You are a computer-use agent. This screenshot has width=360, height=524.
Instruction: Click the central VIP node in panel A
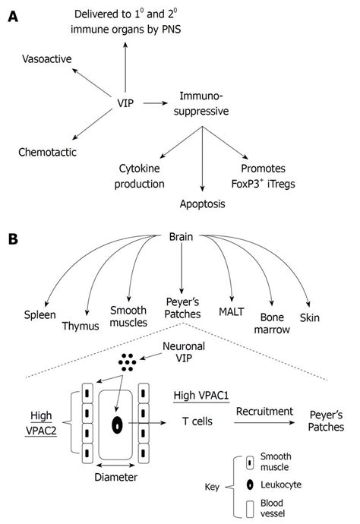point(125,103)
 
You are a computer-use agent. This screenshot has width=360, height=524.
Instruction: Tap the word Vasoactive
point(47,58)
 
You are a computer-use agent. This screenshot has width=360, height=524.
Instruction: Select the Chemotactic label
point(47,152)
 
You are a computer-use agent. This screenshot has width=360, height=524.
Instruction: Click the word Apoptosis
point(203,204)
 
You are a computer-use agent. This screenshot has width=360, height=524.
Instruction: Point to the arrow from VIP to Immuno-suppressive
point(156,103)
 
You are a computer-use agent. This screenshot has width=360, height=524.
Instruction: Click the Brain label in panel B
point(181,237)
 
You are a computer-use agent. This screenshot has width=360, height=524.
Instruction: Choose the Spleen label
point(39,315)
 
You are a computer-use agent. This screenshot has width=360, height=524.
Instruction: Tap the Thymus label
point(81,326)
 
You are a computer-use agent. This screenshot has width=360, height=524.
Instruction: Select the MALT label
point(232,312)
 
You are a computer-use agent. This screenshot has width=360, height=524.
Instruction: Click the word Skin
point(310,317)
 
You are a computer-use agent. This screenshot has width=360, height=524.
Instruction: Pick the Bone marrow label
point(272,324)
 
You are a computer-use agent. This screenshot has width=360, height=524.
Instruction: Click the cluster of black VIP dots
point(128,362)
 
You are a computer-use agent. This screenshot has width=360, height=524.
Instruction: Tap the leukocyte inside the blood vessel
point(117,425)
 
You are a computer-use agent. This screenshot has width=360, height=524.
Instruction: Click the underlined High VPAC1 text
point(201,396)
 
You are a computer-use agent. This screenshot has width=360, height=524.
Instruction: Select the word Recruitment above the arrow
point(264,412)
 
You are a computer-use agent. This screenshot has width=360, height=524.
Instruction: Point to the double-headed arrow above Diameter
point(115,466)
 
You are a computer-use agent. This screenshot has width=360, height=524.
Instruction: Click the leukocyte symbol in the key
point(250,485)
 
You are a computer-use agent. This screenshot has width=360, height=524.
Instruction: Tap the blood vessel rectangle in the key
point(250,509)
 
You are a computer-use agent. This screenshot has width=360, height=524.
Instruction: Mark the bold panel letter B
point(13,239)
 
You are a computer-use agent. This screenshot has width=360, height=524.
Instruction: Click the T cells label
point(197,421)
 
